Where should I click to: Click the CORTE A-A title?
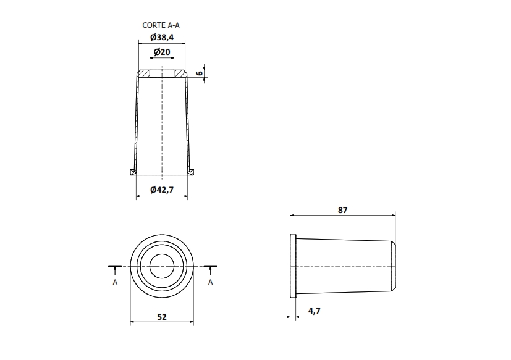[161, 25]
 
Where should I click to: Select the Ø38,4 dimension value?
[162, 37]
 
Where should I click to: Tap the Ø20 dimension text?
[162, 52]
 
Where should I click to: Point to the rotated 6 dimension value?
[200, 73]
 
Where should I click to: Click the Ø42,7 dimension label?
[162, 190]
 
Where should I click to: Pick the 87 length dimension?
[342, 210]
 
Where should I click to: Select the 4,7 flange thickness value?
[314, 311]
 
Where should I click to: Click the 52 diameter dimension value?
[162, 317]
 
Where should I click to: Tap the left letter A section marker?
[115, 282]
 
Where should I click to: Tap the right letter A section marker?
[211, 282]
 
